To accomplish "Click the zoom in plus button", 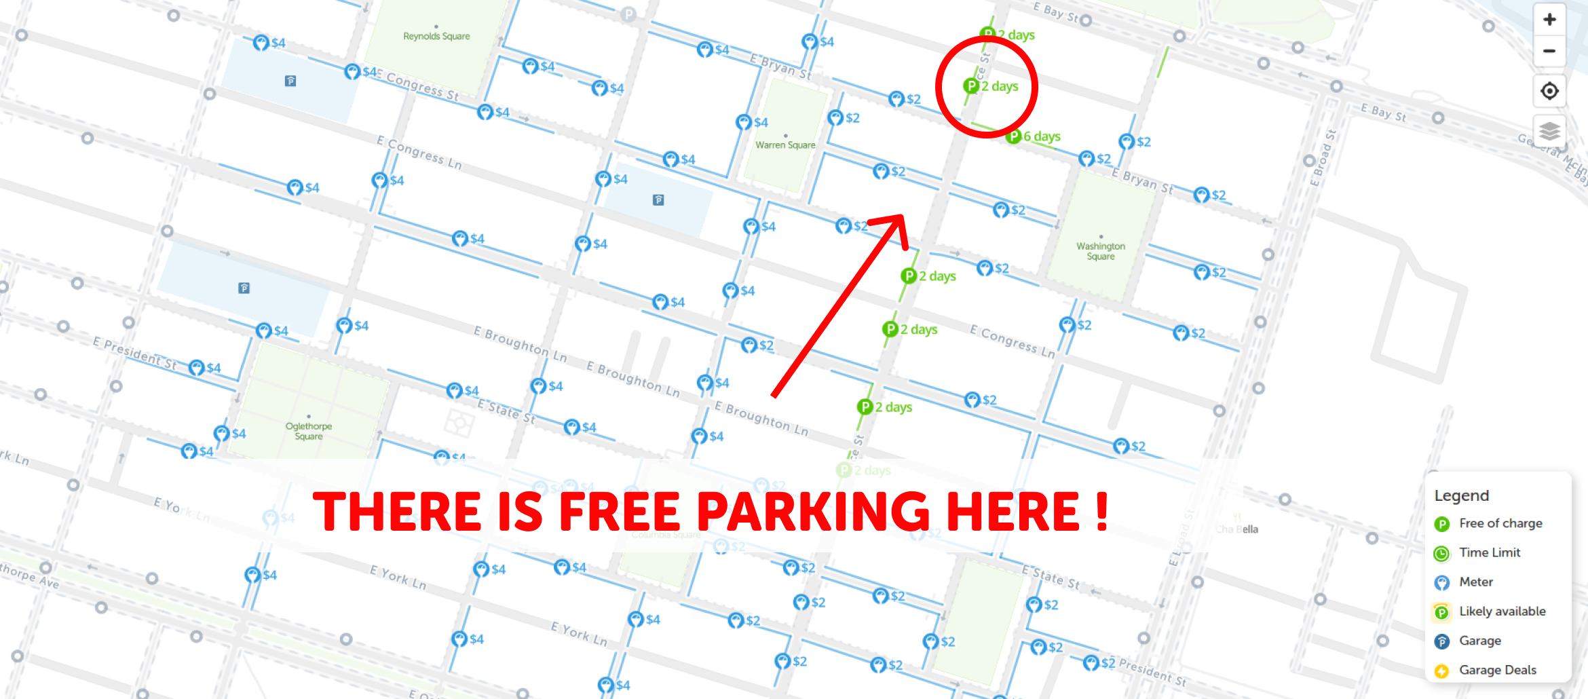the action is [1549, 20].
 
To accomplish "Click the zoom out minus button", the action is [1549, 52].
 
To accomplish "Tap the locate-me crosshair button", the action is [1549, 91].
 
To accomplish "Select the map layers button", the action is [1549, 130].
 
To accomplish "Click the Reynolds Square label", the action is [436, 36].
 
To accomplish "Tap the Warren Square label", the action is [785, 145].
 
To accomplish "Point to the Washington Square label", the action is [1100, 250].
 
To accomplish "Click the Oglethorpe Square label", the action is [309, 431].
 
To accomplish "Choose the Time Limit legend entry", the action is [1489, 552].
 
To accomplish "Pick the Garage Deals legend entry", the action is [1497, 670].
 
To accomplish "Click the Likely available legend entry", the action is [1502, 611].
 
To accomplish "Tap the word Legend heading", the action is [1461, 495].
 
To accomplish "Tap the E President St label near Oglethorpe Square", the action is [134, 353].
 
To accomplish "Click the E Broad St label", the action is [1323, 157].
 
